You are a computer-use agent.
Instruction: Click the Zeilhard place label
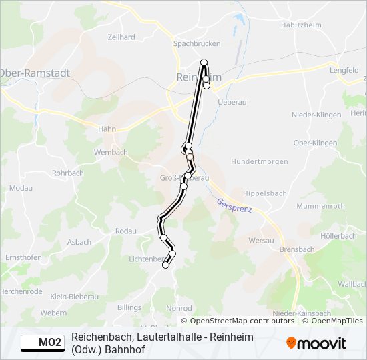coord(121,38)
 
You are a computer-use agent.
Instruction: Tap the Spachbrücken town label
coord(196,44)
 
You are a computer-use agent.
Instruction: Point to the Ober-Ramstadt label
coord(35,72)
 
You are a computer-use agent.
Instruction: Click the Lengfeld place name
coord(344,69)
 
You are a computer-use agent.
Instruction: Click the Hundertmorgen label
coord(260,161)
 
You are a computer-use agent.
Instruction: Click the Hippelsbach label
coord(264,193)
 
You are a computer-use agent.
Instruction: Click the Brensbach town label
coord(297,249)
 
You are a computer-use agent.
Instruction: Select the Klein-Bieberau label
coord(74,296)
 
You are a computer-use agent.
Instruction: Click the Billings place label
coord(129,307)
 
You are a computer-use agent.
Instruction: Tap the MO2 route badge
coord(42,343)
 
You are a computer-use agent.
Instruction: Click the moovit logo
coord(316,343)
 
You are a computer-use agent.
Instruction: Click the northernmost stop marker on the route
coord(204,63)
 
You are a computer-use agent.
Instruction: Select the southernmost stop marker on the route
coord(166,265)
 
